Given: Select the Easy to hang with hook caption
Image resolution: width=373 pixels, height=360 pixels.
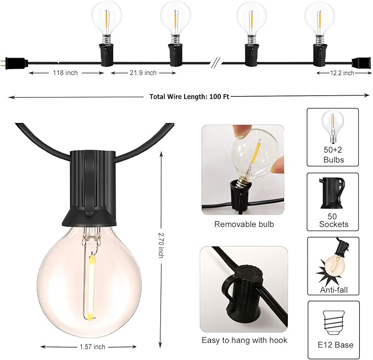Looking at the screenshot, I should click(x=244, y=340).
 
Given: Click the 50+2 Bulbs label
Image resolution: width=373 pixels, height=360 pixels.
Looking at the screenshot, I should click(x=333, y=155).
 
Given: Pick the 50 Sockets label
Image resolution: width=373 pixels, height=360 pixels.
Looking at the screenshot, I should click(x=333, y=220).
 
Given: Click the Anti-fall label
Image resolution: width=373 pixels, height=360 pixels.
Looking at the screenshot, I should click(x=333, y=289).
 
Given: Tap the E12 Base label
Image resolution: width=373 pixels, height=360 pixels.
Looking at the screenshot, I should click(x=333, y=345).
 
